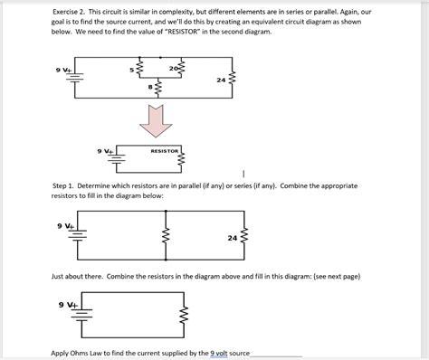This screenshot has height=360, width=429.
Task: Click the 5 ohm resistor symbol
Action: point(139,69)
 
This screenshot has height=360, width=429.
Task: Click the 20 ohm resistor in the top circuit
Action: point(181,69)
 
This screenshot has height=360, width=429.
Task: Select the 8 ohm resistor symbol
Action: point(158,88)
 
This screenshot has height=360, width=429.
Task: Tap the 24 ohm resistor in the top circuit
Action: point(232,79)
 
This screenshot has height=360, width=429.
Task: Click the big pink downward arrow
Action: point(156,120)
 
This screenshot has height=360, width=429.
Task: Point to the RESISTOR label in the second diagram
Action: point(165,151)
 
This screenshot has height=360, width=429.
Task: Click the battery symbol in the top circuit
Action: point(75,77)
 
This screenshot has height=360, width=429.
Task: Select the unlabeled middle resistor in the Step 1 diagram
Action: point(166,235)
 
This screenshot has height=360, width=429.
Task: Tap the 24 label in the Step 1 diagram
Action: point(233,238)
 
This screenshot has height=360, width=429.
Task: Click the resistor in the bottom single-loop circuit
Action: point(184,315)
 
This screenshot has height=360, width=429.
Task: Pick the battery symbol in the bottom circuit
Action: point(82,315)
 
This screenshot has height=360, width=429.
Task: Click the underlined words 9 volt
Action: point(219,353)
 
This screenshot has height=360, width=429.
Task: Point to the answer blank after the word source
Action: point(276,355)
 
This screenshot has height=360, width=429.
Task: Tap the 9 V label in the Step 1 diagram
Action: point(64,226)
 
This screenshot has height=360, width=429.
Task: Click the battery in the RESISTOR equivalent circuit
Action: point(117,157)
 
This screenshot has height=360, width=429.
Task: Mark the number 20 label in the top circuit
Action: point(174,69)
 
